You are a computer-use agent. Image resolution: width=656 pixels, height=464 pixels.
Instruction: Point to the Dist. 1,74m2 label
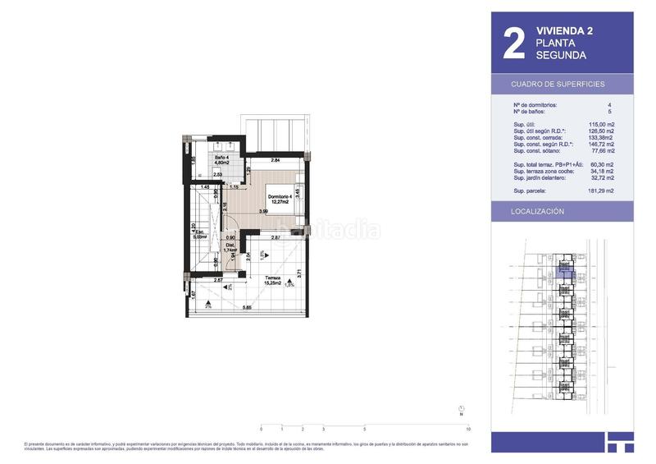tap(231, 247)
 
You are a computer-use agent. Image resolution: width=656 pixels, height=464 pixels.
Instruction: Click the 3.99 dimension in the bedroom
tap(264, 212)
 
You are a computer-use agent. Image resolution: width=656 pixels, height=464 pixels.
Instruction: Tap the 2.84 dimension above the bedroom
tap(276, 160)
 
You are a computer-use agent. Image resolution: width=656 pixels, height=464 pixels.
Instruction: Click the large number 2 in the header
tap(512, 45)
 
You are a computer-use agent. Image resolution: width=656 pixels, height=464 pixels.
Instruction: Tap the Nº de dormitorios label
tap(535, 105)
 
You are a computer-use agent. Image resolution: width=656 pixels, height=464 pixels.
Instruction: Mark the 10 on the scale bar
tap(467, 430)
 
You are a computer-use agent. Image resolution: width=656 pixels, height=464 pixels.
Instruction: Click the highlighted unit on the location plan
tap(565, 266)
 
